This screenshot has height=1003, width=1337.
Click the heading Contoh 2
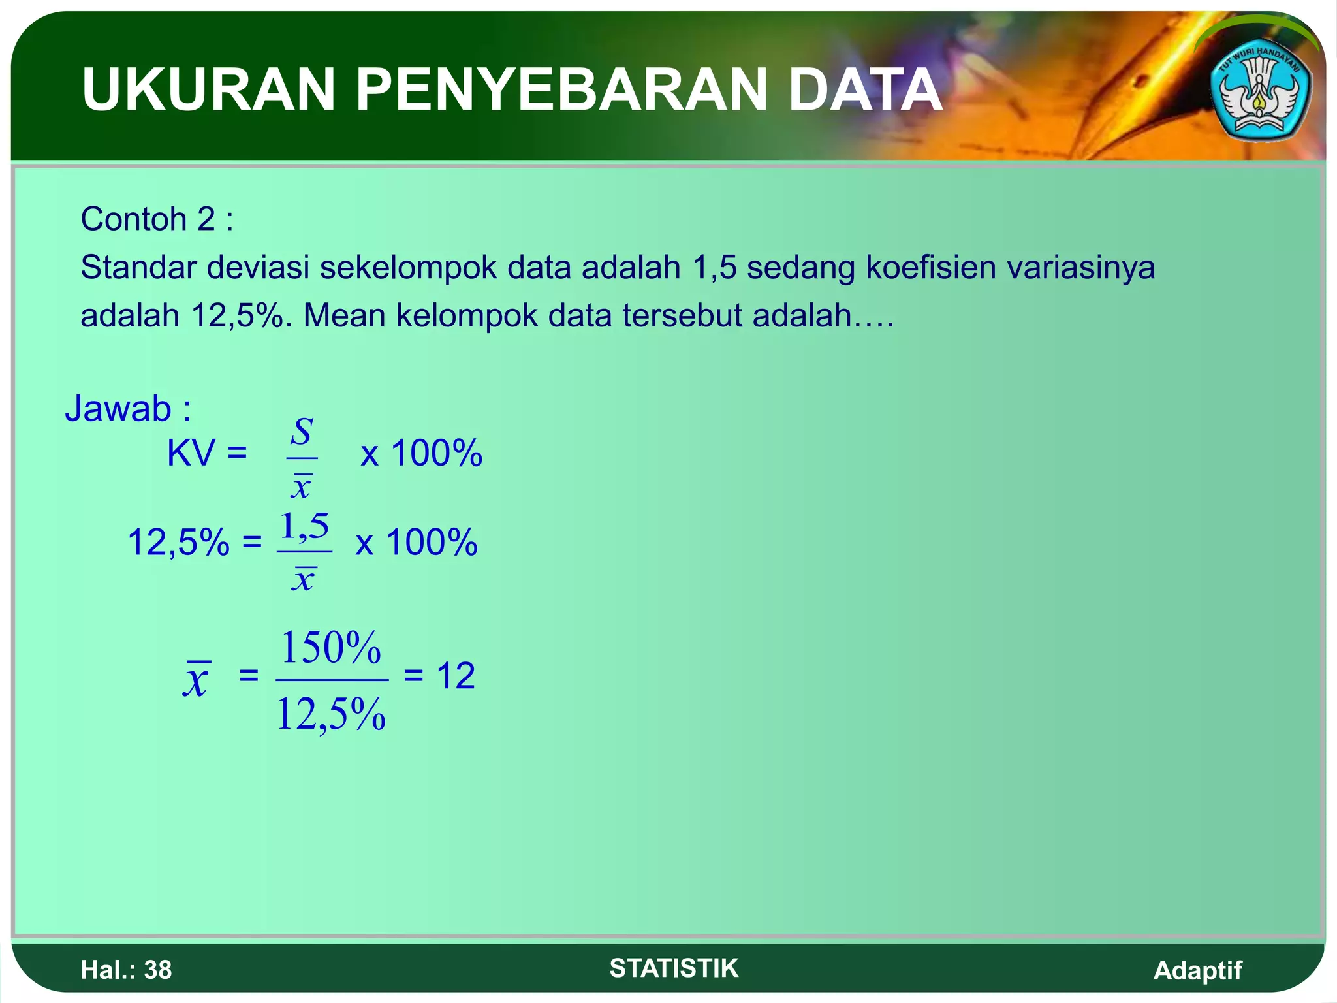pos(157,219)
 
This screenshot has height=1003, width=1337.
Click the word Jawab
pos(118,409)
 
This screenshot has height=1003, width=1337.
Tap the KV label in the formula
pos(191,453)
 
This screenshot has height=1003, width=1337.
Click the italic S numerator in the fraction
pos(302,432)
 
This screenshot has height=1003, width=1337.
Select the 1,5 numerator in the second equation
pos(304,526)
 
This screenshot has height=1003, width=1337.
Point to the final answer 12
pos(456,676)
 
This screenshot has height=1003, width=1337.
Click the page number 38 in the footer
pos(158,970)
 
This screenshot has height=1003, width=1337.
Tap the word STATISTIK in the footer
pos(674,968)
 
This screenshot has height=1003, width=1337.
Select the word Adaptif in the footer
pos(1197,970)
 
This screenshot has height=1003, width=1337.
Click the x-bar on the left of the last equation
pos(196,679)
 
